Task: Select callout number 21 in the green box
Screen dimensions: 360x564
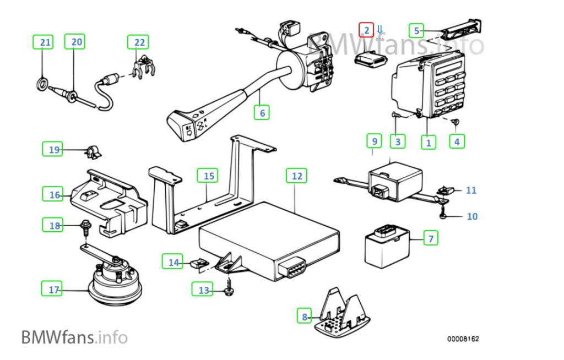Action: (45, 42)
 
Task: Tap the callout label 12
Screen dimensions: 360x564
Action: (296, 176)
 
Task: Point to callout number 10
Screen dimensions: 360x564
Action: (472, 216)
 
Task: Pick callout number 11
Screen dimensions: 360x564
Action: (471, 190)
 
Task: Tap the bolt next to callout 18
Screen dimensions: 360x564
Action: (86, 226)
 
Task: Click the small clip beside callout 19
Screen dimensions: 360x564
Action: (91, 150)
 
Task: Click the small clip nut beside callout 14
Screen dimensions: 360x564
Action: (199, 264)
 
